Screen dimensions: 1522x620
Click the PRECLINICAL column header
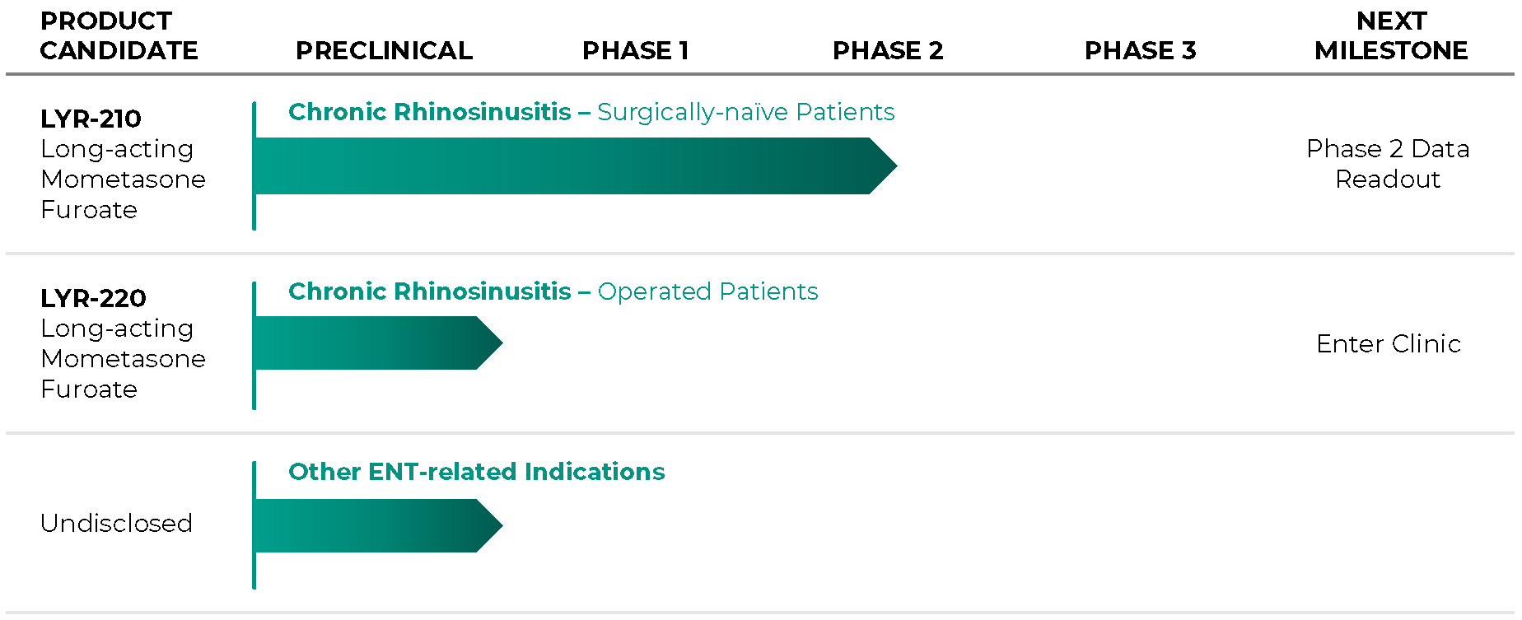tap(384, 51)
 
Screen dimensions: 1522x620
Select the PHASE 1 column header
tap(635, 51)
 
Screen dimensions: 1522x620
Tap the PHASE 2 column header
tap(888, 51)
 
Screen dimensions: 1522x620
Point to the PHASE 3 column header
tap(1140, 51)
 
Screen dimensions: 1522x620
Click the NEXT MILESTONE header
tap(1391, 36)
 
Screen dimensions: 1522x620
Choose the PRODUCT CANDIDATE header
tap(119, 36)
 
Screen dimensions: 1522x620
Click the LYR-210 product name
tap(91, 119)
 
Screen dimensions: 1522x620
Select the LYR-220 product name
tap(93, 298)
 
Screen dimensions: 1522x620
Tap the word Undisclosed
tap(116, 523)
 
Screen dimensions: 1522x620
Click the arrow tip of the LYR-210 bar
tap(896, 165)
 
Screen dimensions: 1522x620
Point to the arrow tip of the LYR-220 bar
tap(502, 343)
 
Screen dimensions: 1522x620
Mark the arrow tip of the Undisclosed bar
tap(502, 524)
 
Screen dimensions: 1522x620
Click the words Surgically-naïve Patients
tap(746, 112)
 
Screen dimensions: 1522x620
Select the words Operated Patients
tap(707, 291)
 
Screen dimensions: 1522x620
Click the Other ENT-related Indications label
tap(476, 472)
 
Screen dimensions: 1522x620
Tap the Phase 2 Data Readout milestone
tap(1388, 164)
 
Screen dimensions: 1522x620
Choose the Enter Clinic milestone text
tap(1389, 343)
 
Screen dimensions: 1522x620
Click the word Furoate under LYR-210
tap(89, 210)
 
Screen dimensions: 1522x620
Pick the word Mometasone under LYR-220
tap(123, 359)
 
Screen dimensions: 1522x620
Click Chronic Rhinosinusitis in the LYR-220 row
tap(430, 291)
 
